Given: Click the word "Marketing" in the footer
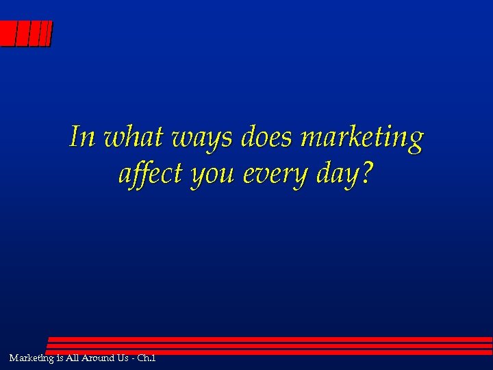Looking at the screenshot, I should tap(32, 358).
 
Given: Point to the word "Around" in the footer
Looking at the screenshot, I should tap(102, 358).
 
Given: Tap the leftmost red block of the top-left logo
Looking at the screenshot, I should tap(8, 34).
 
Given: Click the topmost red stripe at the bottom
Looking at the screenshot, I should tap(270, 339).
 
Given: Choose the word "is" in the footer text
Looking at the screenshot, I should tap(60, 358).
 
